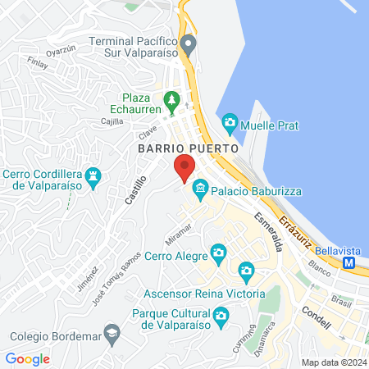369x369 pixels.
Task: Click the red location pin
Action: click(x=184, y=167)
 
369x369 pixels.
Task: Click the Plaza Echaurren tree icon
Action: click(x=171, y=102)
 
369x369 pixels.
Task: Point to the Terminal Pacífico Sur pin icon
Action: click(x=189, y=43)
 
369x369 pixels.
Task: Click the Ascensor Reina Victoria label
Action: click(x=203, y=294)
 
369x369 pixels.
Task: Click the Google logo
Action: click(x=28, y=359)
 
